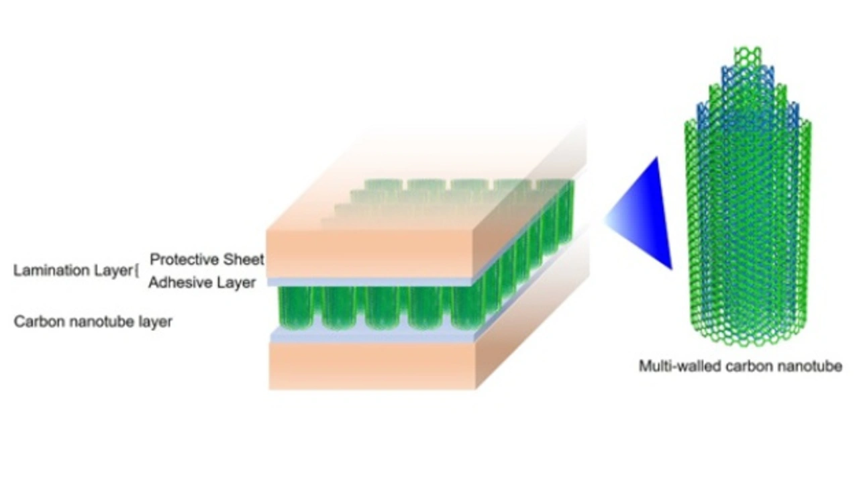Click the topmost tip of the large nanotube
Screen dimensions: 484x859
(x=747, y=50)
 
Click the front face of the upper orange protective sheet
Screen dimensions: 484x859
(x=369, y=254)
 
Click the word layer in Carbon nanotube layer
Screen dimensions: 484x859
(x=154, y=322)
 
